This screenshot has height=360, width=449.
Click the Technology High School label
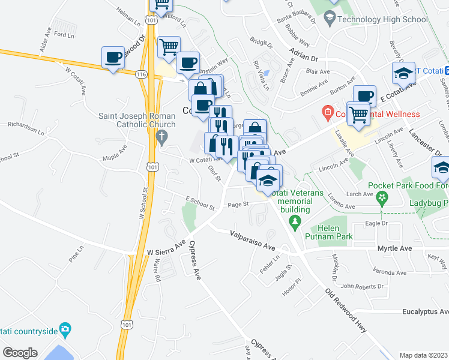click(x=382, y=19)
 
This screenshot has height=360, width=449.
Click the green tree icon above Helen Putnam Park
click(x=294, y=224)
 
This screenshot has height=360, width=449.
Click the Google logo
click(x=20, y=353)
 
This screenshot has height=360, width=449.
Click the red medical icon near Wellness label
click(x=327, y=112)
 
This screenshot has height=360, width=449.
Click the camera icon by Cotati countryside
click(x=65, y=329)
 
